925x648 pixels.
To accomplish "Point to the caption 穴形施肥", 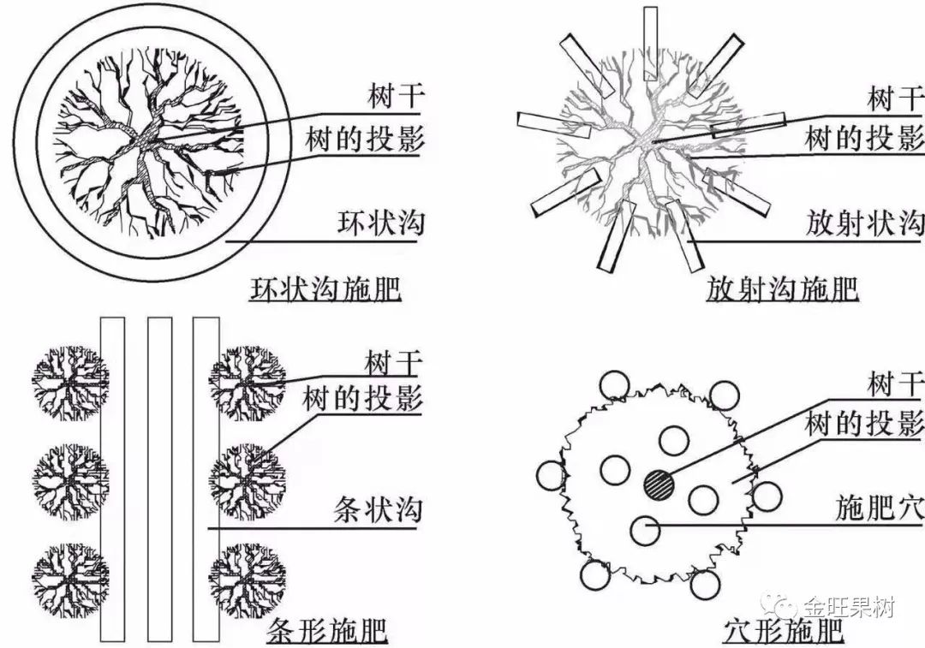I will (782, 633).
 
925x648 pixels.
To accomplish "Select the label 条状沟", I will (377, 511).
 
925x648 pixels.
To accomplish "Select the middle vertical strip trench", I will (159, 479).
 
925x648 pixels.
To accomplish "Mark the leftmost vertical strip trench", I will (112, 479).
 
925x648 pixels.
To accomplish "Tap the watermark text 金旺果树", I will (848, 609).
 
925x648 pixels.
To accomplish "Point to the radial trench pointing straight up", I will (650, 32).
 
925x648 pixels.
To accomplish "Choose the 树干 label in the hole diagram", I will (896, 384).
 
